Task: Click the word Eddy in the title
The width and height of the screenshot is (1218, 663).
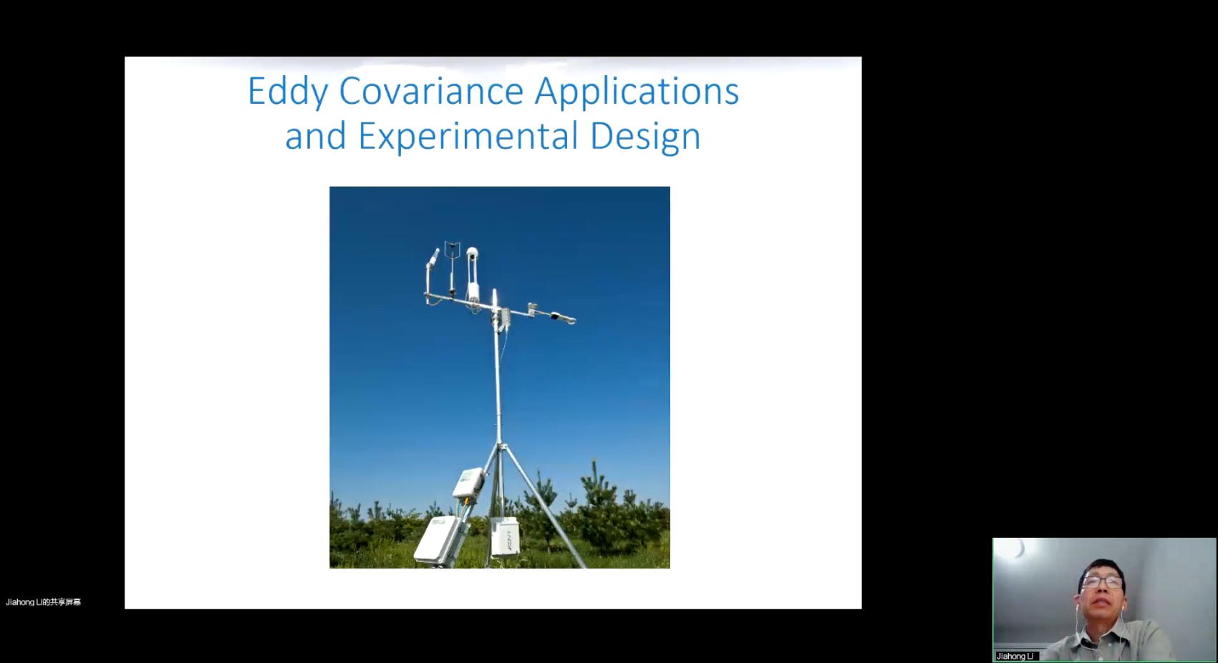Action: (288, 92)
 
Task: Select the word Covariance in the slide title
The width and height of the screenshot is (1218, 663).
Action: (431, 91)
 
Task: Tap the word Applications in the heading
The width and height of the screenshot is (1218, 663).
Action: (637, 92)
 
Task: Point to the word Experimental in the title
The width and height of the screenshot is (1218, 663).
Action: (468, 137)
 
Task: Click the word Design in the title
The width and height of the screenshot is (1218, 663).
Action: (645, 137)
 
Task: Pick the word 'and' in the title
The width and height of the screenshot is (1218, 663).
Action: (315, 136)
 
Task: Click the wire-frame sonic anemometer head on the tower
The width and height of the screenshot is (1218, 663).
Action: (452, 251)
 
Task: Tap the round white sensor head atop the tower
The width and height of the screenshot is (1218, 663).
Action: (473, 252)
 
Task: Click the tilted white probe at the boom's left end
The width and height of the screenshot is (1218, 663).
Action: (434, 258)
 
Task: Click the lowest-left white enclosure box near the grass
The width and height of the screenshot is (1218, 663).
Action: (438, 539)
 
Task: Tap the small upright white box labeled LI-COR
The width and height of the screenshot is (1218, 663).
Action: (505, 536)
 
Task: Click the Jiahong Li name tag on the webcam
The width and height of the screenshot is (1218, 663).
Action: (1015, 656)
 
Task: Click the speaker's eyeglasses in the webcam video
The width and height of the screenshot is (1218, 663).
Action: (1101, 583)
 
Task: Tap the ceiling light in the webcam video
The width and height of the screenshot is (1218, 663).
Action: (1015, 548)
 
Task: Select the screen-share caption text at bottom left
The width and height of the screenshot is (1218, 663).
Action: (44, 602)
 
